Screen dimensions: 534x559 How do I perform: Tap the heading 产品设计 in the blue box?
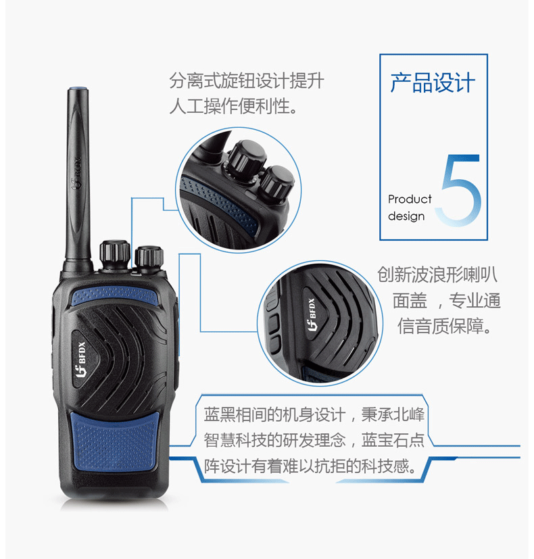(433, 82)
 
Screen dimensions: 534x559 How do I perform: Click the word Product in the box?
(410, 199)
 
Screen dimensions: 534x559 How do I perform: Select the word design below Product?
(406, 216)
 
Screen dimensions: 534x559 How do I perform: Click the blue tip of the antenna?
(78, 88)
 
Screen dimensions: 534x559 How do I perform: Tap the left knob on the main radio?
(114, 253)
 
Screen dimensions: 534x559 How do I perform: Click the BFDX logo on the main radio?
(81, 359)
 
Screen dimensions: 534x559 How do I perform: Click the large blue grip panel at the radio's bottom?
(115, 442)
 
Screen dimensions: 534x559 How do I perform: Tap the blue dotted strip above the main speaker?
(115, 296)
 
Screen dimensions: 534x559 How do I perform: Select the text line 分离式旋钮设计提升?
(247, 80)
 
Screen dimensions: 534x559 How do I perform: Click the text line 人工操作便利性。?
(234, 106)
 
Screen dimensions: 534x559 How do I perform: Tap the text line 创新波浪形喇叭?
(437, 274)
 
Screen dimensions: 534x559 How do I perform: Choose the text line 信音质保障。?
(445, 326)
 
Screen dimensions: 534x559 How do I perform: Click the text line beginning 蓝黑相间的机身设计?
(314, 414)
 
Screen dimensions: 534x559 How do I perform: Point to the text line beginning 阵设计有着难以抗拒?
(310, 466)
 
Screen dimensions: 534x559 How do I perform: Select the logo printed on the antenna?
(76, 174)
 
